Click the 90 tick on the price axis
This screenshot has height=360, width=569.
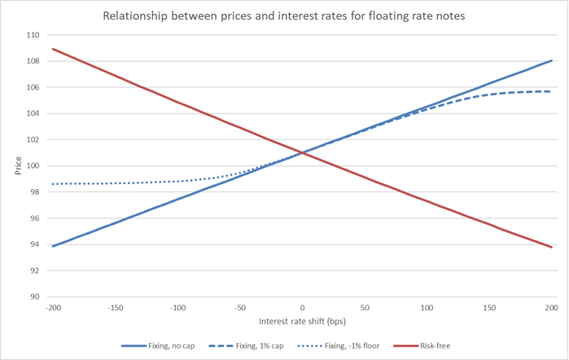[x=34, y=296]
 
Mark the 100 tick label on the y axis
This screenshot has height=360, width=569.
[x=32, y=166]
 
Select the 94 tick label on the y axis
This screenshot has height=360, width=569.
[x=34, y=244]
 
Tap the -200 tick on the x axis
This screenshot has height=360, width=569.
[x=52, y=308]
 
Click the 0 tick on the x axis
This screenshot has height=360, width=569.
[x=302, y=308]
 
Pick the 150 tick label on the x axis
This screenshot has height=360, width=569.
[x=488, y=308]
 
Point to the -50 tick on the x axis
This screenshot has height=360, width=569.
[x=239, y=308]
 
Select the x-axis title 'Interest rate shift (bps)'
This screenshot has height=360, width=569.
[x=301, y=323]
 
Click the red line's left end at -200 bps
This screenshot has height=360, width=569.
[x=53, y=49]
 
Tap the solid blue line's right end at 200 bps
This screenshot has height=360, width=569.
[x=551, y=60]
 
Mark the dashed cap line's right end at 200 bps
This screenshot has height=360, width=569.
[x=551, y=91]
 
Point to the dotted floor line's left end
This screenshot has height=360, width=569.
[x=53, y=184]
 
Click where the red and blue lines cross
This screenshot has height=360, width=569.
[x=302, y=152]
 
